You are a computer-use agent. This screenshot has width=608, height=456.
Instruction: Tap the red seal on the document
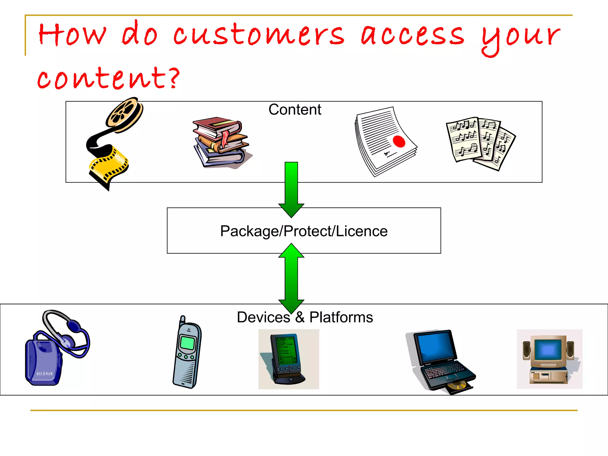[399, 141]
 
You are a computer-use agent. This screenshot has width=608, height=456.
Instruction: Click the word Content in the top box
[294, 110]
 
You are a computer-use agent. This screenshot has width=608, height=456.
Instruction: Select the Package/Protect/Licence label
[304, 231]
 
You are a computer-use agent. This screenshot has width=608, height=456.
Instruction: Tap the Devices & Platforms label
[305, 317]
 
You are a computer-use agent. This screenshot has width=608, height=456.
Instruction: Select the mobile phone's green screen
[187, 343]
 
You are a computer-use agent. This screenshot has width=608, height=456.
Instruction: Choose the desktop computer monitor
[548, 350]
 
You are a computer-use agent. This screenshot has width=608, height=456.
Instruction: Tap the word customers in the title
[258, 35]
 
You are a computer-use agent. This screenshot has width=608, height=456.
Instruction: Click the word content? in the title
[108, 78]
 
